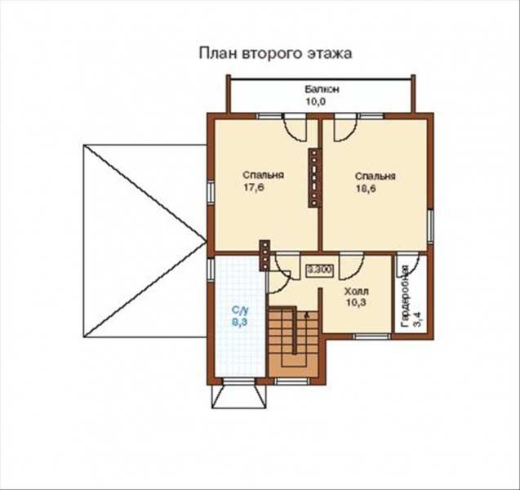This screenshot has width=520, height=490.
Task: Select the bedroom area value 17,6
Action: [254, 188]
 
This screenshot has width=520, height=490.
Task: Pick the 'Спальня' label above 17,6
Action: [263, 176]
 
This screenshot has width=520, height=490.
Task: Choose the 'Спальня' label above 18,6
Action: [376, 176]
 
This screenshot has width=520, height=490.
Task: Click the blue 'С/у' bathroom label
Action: [239, 310]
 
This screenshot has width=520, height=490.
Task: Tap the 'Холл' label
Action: [356, 291]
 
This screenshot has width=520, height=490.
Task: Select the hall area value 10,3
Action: [356, 303]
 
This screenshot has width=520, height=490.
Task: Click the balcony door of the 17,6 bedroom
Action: [294, 125]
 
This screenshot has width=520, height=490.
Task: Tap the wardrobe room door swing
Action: [407, 265]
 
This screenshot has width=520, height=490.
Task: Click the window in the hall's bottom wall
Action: [371, 335]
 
